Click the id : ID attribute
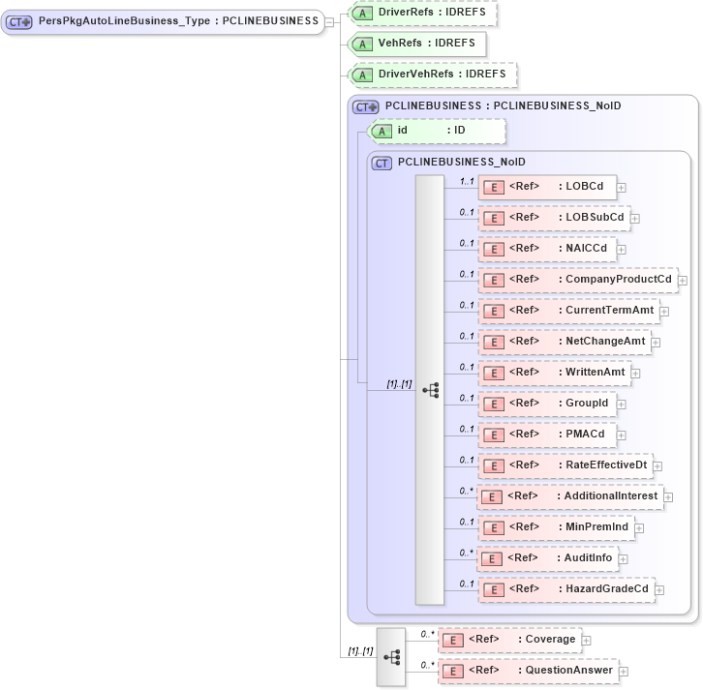point(436,131)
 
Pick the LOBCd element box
point(547,187)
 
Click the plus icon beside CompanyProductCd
point(683,281)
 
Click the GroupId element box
point(547,404)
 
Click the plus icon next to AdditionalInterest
point(669,497)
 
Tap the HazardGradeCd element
point(565,589)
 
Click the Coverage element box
point(508,640)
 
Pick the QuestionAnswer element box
point(527,671)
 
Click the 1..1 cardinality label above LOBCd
point(466,181)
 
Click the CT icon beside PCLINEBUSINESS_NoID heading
point(382,164)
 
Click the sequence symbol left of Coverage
point(391,656)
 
